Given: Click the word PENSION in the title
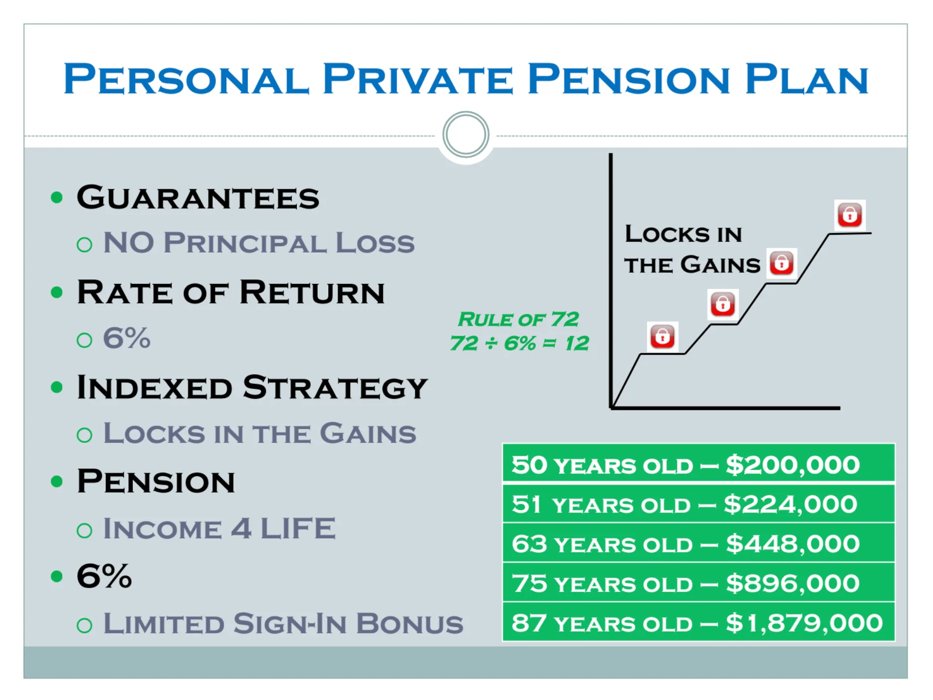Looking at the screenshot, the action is [629, 79].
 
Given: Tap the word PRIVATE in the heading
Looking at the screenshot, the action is [418, 79].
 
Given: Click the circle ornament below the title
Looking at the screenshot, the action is [466, 135].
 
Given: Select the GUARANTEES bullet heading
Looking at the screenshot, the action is [198, 197].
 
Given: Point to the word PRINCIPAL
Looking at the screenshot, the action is [245, 243].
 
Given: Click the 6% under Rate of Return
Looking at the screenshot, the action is [126, 338].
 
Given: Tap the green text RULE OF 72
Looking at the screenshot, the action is [518, 319].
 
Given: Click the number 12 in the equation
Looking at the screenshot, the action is [576, 343].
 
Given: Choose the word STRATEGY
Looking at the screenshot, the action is [336, 387].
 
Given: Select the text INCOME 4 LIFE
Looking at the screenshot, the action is [219, 528].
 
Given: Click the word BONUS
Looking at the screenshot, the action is [410, 623].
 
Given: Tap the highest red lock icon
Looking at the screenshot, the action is [850, 215].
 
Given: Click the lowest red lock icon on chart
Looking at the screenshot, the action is [662, 337].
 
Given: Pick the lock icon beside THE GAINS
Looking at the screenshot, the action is [782, 263].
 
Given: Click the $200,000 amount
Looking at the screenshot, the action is [793, 465].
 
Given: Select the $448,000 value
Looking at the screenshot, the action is [793, 544].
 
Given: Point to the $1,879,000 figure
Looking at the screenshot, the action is [804, 623].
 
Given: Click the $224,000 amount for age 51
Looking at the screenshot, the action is [791, 504].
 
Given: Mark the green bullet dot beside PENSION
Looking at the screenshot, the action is [57, 481].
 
